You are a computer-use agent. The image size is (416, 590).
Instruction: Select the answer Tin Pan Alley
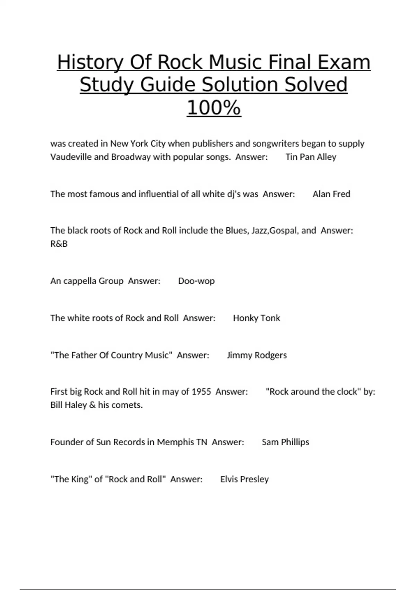[x=311, y=157]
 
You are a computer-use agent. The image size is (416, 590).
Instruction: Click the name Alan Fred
[x=331, y=194]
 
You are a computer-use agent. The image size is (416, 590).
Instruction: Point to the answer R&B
[x=59, y=244]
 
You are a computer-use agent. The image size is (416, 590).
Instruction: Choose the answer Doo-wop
[x=196, y=281]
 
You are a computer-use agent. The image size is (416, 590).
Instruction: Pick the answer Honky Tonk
[x=256, y=318]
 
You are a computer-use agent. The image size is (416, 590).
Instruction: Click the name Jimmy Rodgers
[x=257, y=355]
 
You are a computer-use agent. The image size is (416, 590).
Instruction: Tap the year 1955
[x=201, y=391]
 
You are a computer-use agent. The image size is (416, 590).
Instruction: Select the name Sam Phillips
[x=285, y=442]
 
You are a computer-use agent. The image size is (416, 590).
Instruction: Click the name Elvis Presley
[x=244, y=479]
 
